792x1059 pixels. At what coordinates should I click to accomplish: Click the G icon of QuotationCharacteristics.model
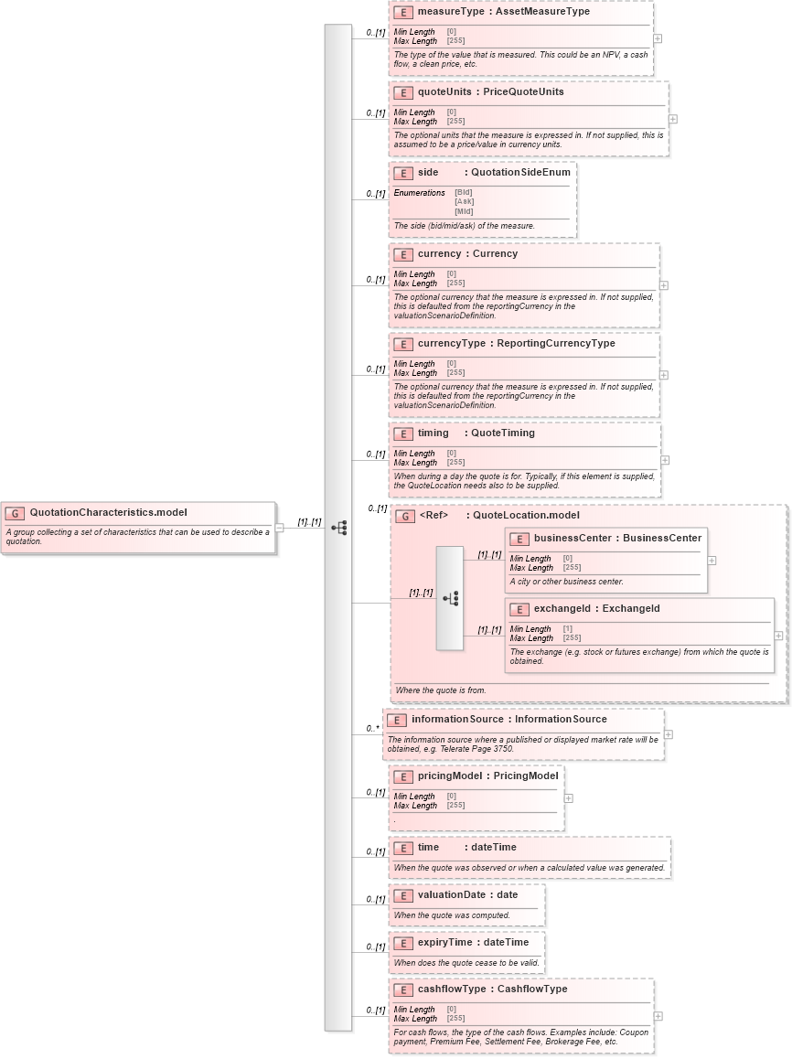pos(15,513)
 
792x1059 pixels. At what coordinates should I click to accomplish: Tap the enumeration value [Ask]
pos(464,202)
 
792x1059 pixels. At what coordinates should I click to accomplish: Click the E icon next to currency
pos(402,254)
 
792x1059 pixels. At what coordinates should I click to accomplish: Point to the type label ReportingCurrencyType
pos(555,344)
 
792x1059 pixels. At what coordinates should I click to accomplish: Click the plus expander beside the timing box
pos(665,460)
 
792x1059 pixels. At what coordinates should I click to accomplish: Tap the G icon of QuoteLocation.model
pos(405,516)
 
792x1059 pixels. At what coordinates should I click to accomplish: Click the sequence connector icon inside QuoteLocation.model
pos(450,598)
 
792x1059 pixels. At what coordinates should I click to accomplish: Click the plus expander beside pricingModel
pos(568,797)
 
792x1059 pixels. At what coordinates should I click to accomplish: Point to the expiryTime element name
pos(444,943)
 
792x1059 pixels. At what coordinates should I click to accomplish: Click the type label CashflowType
pos(531,989)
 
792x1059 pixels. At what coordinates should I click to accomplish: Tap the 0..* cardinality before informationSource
pos(372,729)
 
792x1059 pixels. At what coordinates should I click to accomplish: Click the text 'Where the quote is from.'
pos(441,690)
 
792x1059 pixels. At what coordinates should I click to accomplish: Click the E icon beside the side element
pos(402,173)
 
